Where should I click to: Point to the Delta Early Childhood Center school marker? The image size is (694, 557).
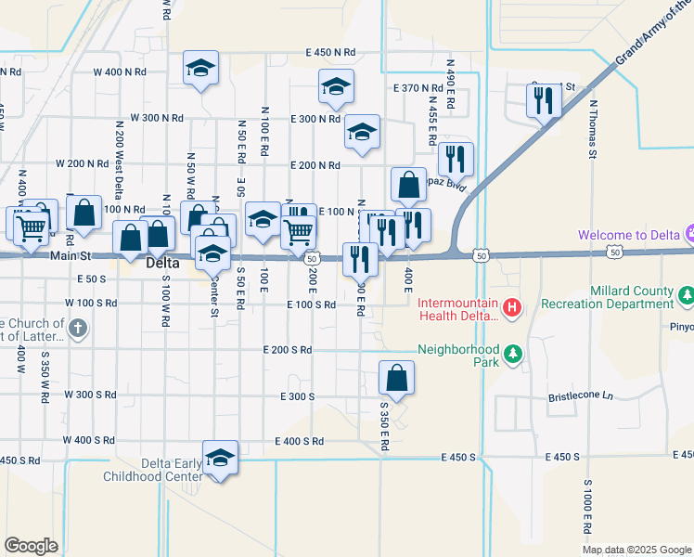tap(221, 459)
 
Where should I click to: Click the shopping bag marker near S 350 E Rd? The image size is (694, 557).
tap(396, 379)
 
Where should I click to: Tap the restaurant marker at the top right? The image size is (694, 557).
tap(544, 101)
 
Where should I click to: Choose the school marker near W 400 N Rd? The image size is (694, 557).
tap(200, 69)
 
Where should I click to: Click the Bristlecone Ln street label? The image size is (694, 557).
tap(581, 395)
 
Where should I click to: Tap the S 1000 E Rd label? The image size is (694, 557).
tap(588, 506)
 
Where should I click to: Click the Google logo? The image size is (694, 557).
tap(31, 546)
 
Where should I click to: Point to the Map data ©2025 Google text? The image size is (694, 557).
tap(636, 550)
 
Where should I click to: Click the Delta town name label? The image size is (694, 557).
tap(158, 265)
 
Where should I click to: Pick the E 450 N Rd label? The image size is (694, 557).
tap(324, 52)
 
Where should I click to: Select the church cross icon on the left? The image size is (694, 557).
tap(79, 328)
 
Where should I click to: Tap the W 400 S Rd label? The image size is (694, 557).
tap(91, 439)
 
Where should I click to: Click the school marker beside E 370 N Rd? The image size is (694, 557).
tap(336, 88)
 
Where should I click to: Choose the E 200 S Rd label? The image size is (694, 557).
tap(282, 350)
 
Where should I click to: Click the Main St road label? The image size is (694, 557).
tap(72, 256)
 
